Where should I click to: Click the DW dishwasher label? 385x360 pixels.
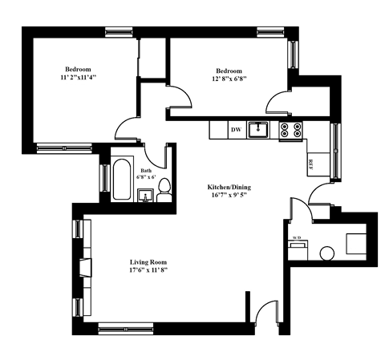click(x=236, y=129)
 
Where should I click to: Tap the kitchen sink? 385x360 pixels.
click(x=257, y=128)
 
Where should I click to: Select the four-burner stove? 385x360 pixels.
click(x=290, y=129)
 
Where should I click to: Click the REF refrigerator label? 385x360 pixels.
click(x=310, y=164)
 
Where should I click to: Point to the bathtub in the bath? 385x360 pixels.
click(x=123, y=180)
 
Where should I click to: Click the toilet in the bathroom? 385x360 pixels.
click(x=164, y=189)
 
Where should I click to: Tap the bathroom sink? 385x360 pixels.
click(x=147, y=195)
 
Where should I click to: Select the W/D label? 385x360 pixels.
click(x=296, y=238)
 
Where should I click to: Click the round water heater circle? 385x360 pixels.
click(x=326, y=253)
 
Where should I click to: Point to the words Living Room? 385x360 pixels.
click(x=148, y=262)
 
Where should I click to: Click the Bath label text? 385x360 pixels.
click(x=146, y=170)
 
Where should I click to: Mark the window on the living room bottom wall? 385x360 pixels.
click(x=120, y=327)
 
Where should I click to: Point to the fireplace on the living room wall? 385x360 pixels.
click(x=84, y=267)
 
